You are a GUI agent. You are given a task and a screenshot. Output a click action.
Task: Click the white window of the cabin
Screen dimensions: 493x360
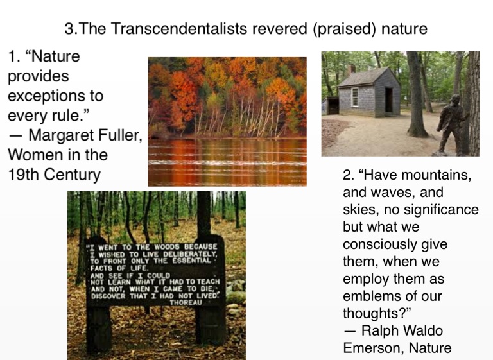(355, 97)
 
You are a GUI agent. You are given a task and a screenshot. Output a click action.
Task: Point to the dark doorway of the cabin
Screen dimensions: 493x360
(388, 100)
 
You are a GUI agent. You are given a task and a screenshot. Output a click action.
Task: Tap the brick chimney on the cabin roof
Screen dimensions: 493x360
(352, 69)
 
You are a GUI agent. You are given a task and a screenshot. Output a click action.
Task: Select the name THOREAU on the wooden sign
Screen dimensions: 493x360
(186, 302)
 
